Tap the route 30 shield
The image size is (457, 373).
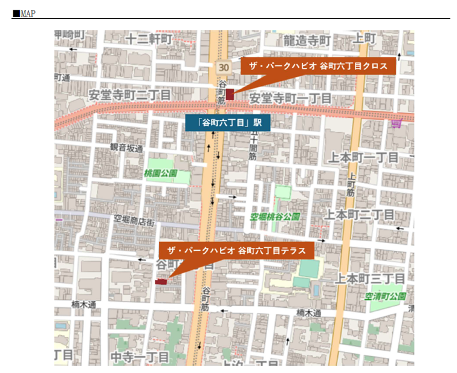[224, 66]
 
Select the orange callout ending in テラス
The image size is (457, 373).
[236, 250]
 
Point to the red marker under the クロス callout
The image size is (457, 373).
[230, 94]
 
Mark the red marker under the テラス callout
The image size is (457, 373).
[161, 281]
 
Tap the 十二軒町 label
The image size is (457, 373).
[149, 39]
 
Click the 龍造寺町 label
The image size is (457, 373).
[308, 41]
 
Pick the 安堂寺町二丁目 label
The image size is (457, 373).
[129, 95]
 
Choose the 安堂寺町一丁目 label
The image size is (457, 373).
[290, 98]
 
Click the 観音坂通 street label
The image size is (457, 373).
[126, 148]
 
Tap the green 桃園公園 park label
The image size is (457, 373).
[160, 174]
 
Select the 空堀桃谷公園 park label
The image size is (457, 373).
[276, 216]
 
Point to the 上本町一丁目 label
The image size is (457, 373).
[364, 158]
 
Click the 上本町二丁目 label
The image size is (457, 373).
[360, 215]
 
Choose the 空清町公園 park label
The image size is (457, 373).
[385, 296]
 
